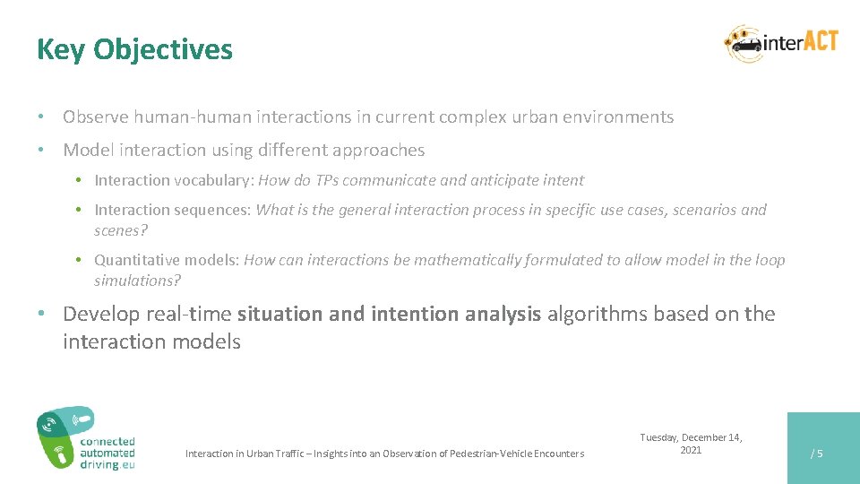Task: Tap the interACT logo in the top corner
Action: pyautogui.click(x=781, y=42)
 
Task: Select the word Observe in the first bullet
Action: pyautogui.click(x=96, y=117)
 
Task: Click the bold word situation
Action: pyautogui.click(x=279, y=315)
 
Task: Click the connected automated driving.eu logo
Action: pyautogui.click(x=85, y=438)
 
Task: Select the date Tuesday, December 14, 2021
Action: pyautogui.click(x=691, y=444)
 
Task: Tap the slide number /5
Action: pyautogui.click(x=816, y=454)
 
